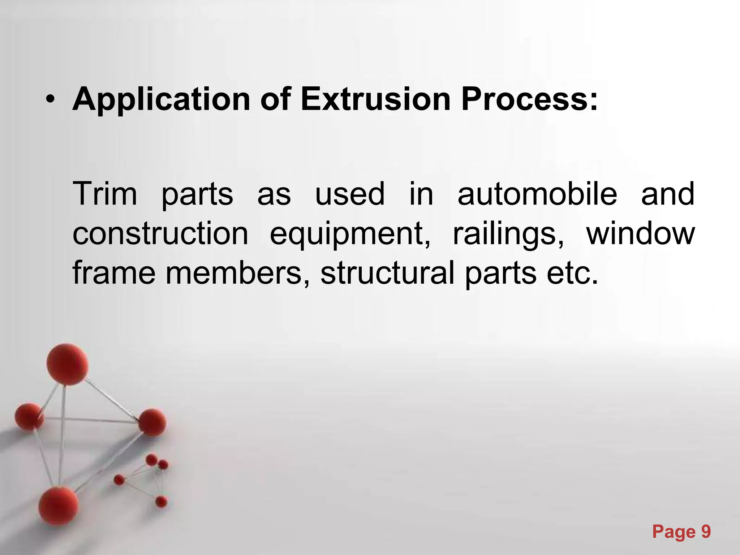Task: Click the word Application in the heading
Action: tap(161, 99)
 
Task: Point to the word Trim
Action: tap(105, 194)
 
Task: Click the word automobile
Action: tap(537, 194)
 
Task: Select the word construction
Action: tap(160, 234)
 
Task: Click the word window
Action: tap(640, 234)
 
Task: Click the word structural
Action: tap(387, 274)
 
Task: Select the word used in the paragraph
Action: tap(350, 194)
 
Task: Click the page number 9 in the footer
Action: tap(706, 532)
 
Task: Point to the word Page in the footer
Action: tap(674, 532)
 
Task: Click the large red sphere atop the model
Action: tap(67, 364)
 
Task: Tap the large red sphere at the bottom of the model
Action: tap(59, 505)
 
